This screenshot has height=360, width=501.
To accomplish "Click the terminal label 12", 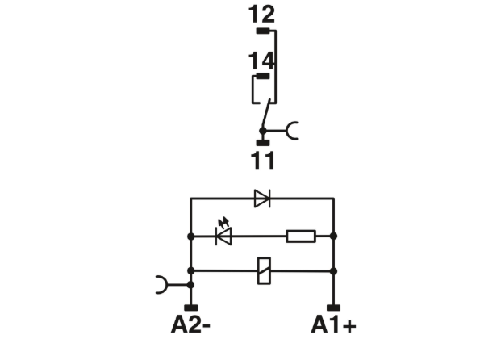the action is (261, 15).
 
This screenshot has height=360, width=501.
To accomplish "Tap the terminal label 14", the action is (261, 61).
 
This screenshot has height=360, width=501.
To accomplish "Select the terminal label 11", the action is (263, 160).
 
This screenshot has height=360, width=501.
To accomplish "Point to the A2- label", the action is (190, 324).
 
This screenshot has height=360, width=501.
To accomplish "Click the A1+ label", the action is (333, 324).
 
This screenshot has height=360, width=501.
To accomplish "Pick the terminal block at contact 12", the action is (263, 31).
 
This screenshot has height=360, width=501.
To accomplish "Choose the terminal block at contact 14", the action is (263, 76).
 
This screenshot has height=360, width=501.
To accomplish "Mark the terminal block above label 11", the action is (263, 143).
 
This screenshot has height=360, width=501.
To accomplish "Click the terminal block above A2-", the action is (190, 308).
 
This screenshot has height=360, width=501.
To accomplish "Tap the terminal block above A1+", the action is (333, 308).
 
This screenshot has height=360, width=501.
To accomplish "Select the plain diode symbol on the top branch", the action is (262, 199).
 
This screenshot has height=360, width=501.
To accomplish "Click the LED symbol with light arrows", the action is (223, 233).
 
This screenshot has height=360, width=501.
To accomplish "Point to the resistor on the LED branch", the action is (301, 237).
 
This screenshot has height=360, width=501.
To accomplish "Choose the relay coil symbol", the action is (265, 270).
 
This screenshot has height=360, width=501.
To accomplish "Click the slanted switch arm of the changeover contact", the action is (266, 115).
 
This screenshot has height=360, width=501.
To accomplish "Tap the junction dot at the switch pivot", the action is (263, 131).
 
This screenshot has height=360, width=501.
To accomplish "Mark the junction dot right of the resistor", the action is (333, 237).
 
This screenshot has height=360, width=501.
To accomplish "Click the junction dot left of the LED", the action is (190, 237).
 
